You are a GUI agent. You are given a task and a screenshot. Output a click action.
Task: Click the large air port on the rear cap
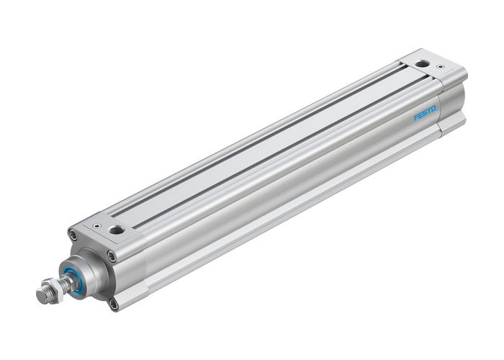point(423,65)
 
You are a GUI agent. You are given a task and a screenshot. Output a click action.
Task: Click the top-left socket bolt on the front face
point(73,234)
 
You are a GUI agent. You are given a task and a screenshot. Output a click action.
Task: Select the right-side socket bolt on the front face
point(111,256)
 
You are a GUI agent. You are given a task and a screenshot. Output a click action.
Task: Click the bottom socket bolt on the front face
point(113,304)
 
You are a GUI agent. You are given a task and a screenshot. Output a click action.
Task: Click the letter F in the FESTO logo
point(415,118)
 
